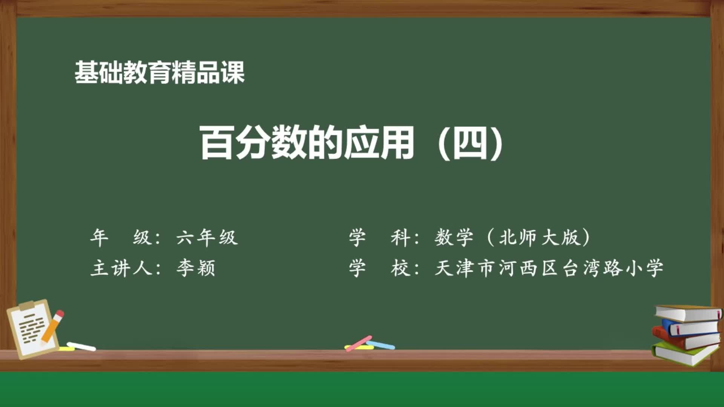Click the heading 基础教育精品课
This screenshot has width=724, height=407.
(x=160, y=72)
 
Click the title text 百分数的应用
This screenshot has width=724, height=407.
(x=306, y=142)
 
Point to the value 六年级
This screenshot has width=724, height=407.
(x=207, y=238)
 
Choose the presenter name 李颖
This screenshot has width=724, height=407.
(x=196, y=268)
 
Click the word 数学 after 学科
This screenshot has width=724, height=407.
(x=454, y=238)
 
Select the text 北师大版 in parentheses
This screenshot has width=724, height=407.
(x=540, y=238)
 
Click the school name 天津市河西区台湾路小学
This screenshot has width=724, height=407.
(x=549, y=268)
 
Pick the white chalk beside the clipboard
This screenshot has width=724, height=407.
(x=81, y=346)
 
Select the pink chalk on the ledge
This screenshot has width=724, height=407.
(x=359, y=343)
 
